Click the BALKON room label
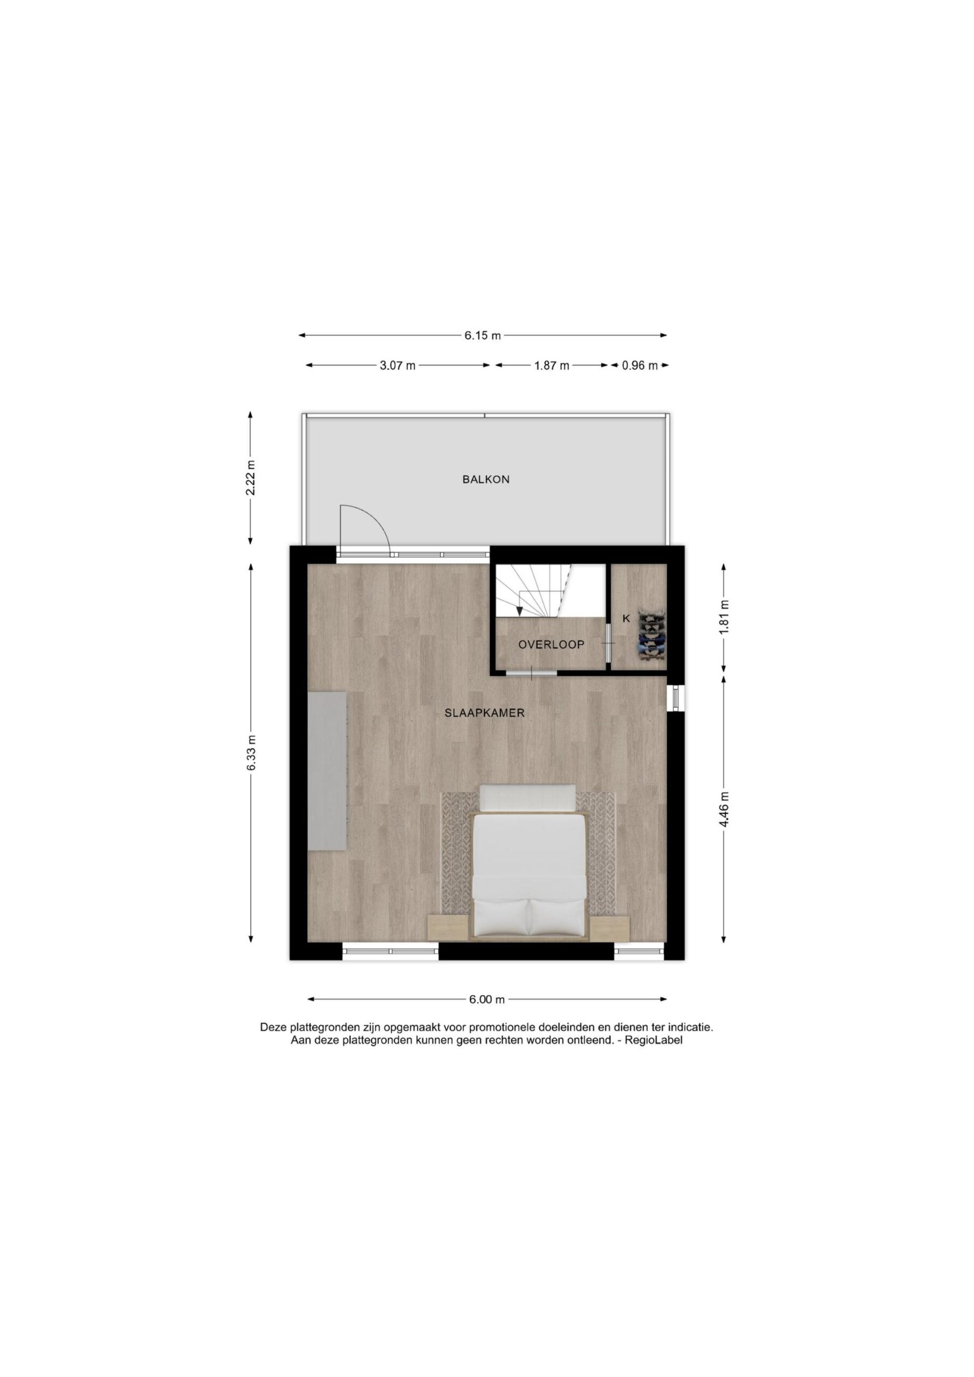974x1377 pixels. [x=485, y=479]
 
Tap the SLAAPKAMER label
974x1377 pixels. [x=484, y=713]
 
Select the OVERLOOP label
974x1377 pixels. [x=551, y=645]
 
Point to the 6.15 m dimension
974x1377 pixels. [x=482, y=336]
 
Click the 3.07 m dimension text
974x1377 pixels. [x=397, y=365]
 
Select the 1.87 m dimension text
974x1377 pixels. [x=552, y=365]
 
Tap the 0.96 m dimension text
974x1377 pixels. [x=640, y=365]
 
